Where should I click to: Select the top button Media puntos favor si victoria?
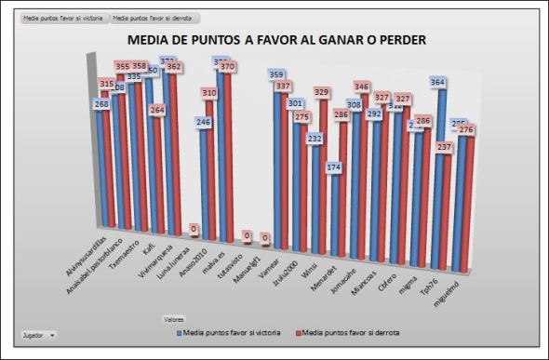[x=62, y=18]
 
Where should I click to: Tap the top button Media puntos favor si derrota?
[x=154, y=18]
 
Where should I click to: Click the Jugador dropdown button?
[x=39, y=333]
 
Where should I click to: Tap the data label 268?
[x=102, y=104]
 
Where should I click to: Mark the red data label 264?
[x=158, y=110]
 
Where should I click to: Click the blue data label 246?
[x=203, y=122]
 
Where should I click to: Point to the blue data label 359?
[x=276, y=74]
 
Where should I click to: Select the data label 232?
[x=315, y=138]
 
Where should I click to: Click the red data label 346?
[x=362, y=87]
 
